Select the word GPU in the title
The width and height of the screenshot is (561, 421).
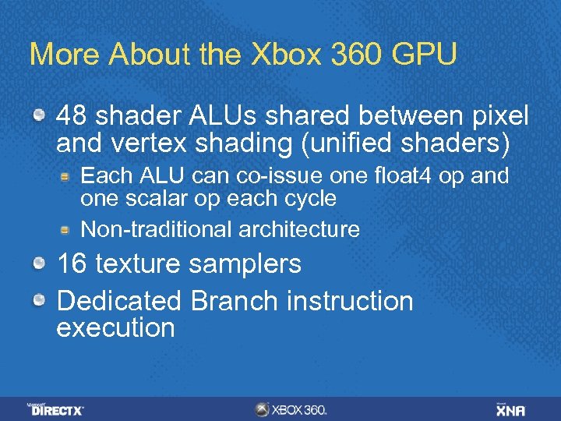tap(424, 54)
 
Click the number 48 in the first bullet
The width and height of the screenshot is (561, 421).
tap(72, 116)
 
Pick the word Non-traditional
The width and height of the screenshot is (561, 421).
tap(146, 229)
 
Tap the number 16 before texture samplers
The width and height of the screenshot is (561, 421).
tap(72, 264)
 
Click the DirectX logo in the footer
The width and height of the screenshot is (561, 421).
tap(56, 409)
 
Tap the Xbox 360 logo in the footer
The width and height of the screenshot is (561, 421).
tap(291, 409)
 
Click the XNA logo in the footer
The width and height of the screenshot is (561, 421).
tap(510, 409)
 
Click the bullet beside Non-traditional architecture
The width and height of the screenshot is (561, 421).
tap(68, 229)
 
